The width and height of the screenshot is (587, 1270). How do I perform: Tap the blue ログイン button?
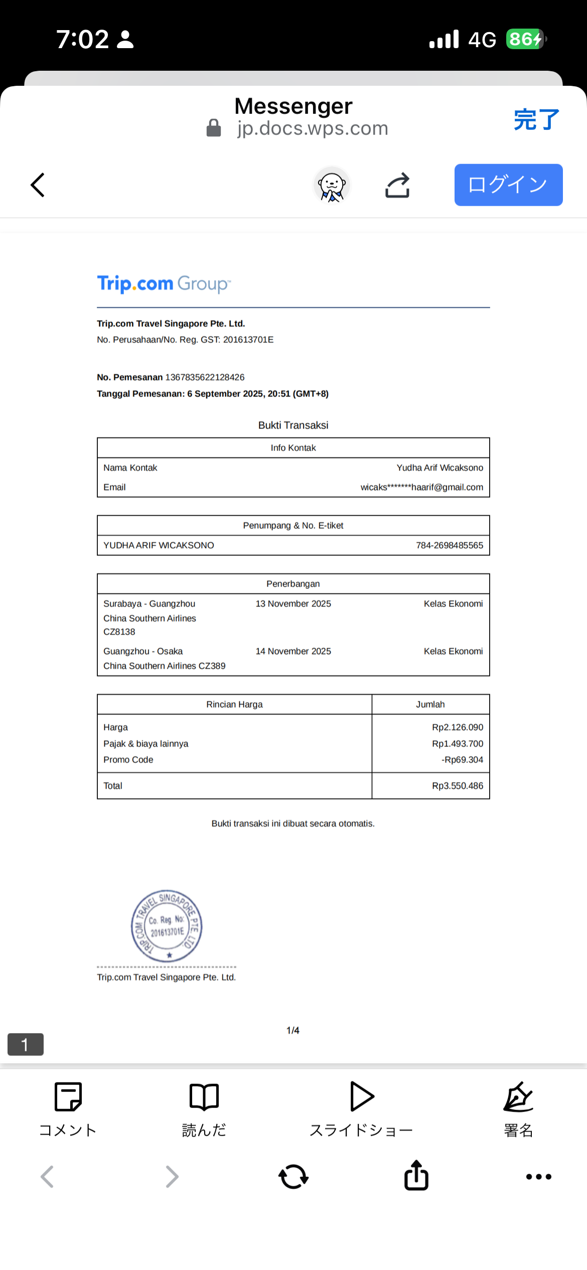[x=508, y=185]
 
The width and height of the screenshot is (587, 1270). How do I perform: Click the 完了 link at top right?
[x=536, y=119]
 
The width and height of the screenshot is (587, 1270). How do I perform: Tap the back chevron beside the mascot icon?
[x=38, y=185]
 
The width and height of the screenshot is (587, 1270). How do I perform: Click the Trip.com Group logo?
[x=164, y=284]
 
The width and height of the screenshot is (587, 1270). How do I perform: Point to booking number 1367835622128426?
[x=205, y=377]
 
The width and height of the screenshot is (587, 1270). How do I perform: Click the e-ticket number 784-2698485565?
[x=450, y=545]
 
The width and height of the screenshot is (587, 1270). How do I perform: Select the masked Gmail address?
[x=421, y=487]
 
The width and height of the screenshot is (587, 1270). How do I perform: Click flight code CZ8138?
[x=119, y=632]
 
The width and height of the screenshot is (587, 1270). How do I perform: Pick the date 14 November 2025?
[x=293, y=651]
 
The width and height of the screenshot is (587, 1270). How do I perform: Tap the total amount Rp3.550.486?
[x=457, y=785]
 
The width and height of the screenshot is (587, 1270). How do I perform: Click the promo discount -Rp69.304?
[x=462, y=759]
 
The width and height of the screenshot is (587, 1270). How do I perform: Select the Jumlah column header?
[x=430, y=704]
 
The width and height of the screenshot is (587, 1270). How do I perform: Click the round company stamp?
[x=167, y=926]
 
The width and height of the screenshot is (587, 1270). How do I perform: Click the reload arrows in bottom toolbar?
[x=293, y=1176]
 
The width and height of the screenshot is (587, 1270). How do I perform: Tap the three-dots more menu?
[x=538, y=1176]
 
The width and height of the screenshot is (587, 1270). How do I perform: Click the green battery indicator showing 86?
[x=525, y=39]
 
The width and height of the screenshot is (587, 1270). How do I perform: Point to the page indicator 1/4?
[x=293, y=1030]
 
